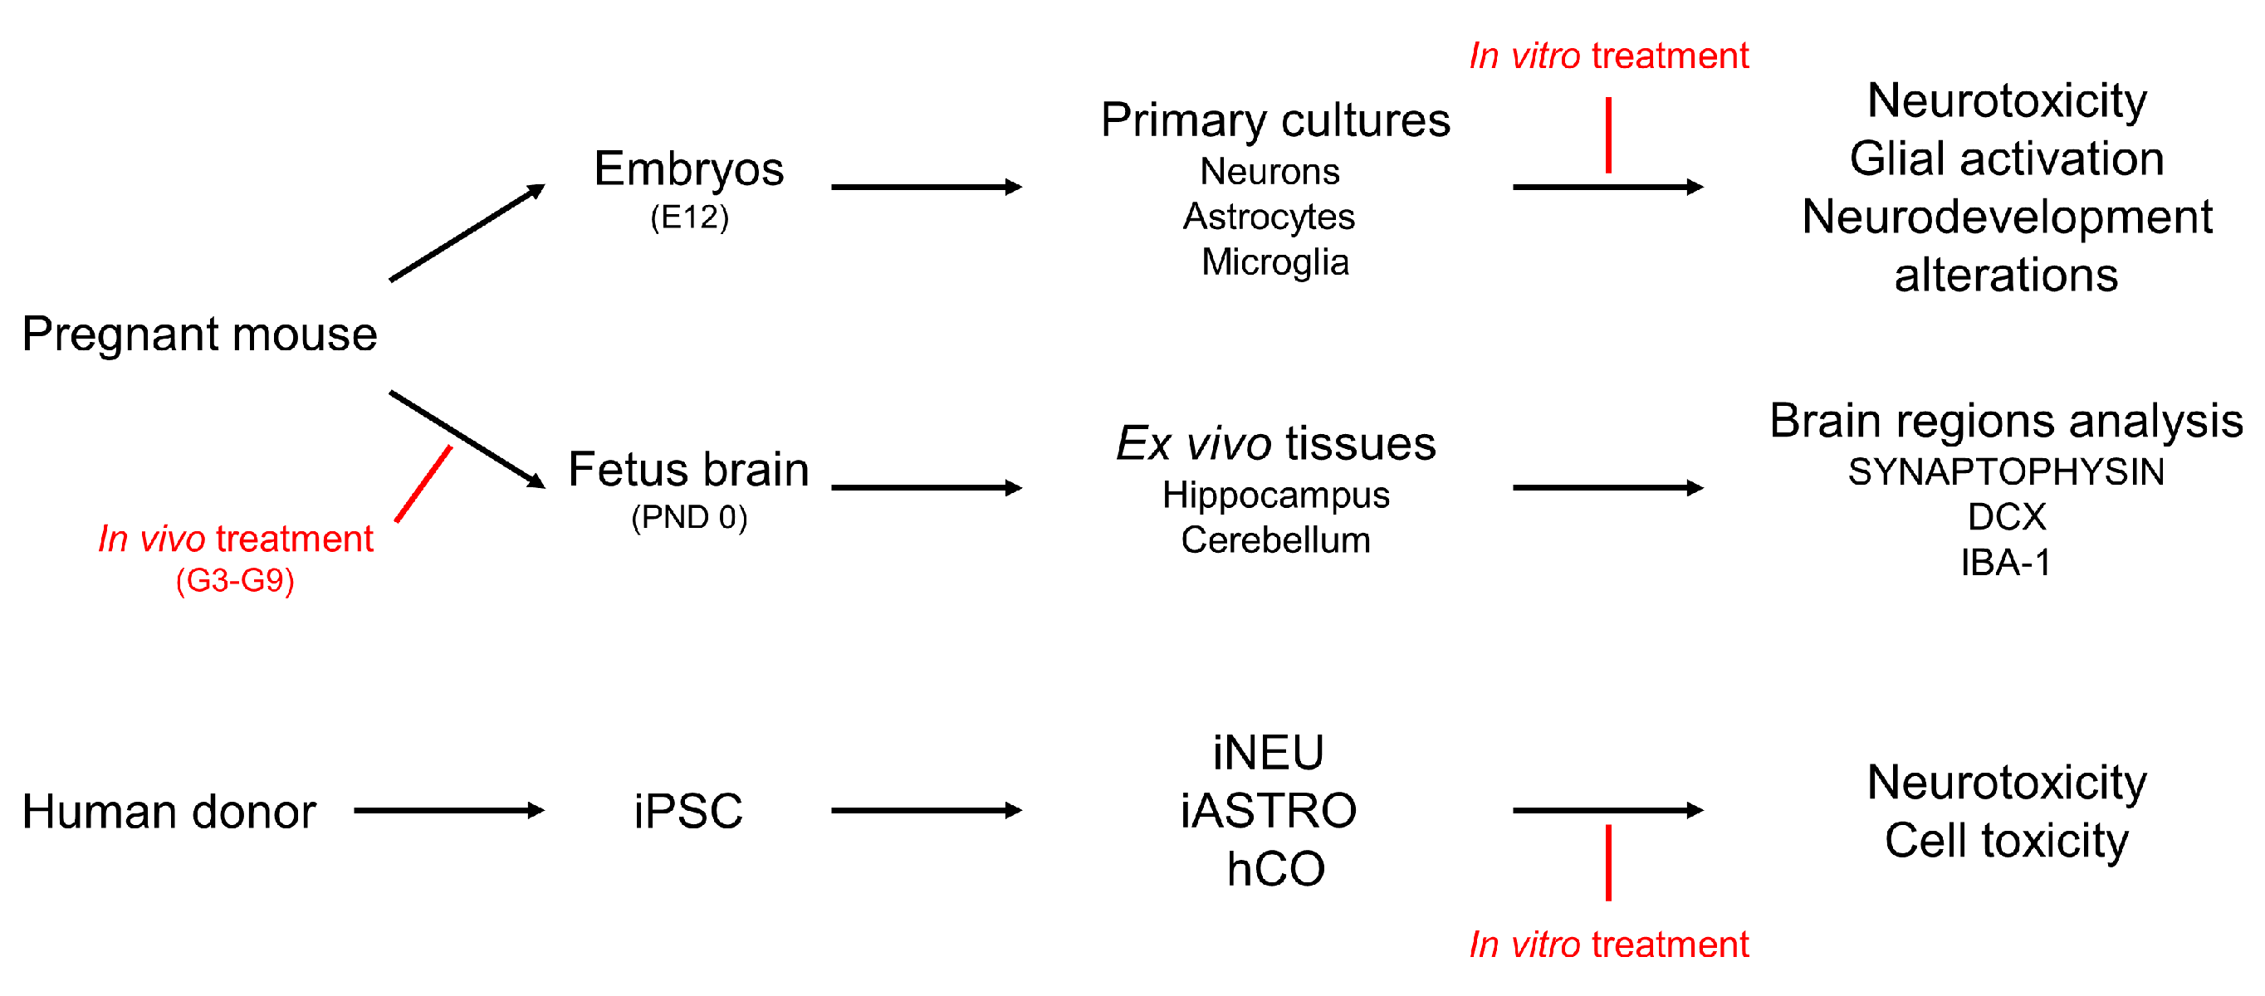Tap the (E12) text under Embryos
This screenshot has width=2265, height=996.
pyautogui.click(x=689, y=217)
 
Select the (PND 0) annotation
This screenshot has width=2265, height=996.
pyautogui.click(x=689, y=518)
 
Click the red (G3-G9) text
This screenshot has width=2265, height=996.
pyautogui.click(x=235, y=581)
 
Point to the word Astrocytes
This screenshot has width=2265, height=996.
pyautogui.click(x=1269, y=217)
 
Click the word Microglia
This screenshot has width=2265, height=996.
pyautogui.click(x=1275, y=262)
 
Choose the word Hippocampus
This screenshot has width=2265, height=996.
pyautogui.click(x=1276, y=495)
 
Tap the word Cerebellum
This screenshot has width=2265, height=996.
pyautogui.click(x=1275, y=539)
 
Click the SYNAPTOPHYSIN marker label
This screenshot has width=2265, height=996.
pyautogui.click(x=2006, y=472)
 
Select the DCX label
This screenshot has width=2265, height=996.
pyautogui.click(x=2007, y=517)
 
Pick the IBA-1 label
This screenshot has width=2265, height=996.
pyautogui.click(x=2006, y=563)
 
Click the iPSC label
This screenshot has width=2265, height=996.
pyautogui.click(x=688, y=811)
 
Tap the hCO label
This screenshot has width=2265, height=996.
pyautogui.click(x=1276, y=869)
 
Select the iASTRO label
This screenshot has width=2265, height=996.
pyautogui.click(x=1269, y=811)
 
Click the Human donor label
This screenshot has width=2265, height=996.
pyautogui.click(x=169, y=812)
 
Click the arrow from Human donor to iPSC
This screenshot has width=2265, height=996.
pyautogui.click(x=448, y=811)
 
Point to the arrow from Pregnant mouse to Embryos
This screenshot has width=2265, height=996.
pyautogui.click(x=467, y=233)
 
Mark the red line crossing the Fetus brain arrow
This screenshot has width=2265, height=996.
pyautogui.click(x=423, y=484)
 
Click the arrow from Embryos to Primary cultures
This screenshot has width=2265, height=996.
pyautogui.click(x=925, y=188)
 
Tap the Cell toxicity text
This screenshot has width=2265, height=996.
pyautogui.click(x=2007, y=842)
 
